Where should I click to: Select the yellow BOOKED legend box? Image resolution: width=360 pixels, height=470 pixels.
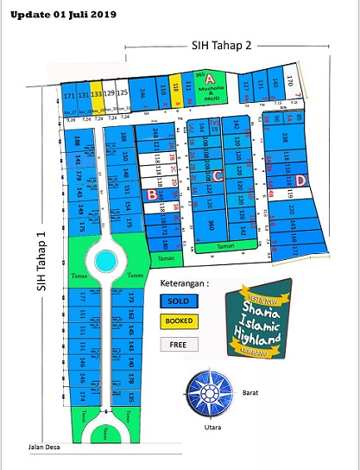(x=180, y=321)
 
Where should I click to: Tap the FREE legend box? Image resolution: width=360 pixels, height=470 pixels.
(x=180, y=344)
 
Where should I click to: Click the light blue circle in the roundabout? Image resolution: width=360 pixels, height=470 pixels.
(x=105, y=259)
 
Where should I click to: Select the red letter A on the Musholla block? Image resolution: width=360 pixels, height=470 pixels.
(x=209, y=78)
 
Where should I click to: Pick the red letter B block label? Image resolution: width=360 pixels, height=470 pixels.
(x=152, y=194)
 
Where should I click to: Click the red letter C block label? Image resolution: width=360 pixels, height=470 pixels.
(x=218, y=176)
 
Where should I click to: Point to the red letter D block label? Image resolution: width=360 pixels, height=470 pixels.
(x=300, y=180)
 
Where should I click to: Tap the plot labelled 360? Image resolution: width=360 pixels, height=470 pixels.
(x=211, y=226)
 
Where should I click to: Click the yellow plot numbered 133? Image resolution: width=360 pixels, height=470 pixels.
(x=98, y=93)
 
